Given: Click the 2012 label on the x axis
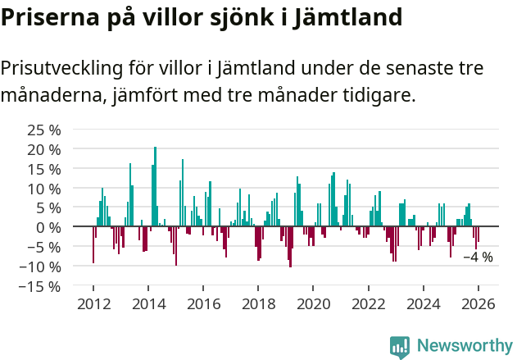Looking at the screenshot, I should [93, 303].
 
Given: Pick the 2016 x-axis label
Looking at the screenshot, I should [204, 303].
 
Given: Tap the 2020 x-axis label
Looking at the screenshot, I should [314, 303].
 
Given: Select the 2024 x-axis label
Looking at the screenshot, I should [424, 303].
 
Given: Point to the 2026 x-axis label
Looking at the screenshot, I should [478, 303].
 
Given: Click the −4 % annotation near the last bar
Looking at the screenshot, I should [478, 257].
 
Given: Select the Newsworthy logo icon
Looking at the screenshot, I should [400, 346].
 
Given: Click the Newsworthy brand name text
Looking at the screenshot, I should [465, 346].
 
